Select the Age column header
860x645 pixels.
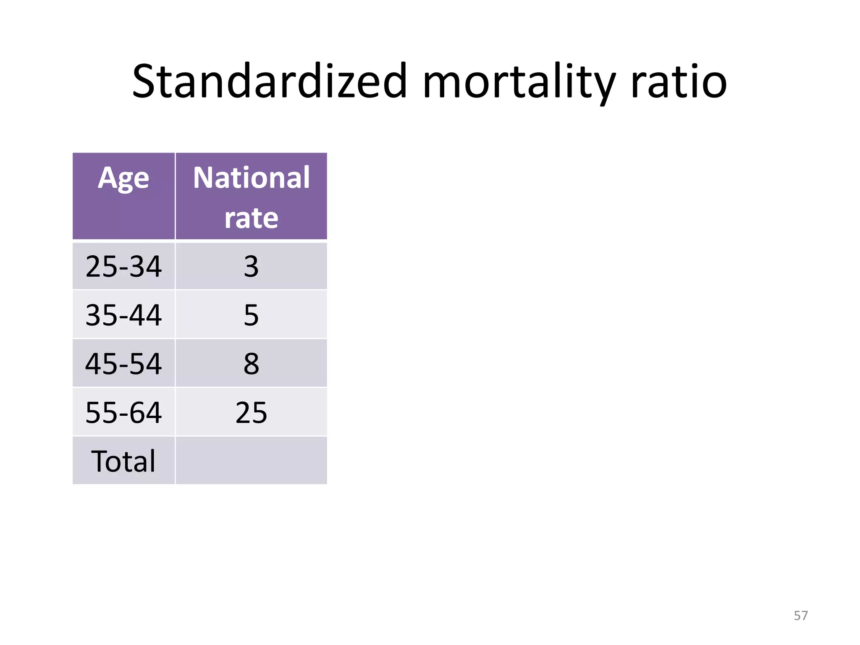coord(123,178)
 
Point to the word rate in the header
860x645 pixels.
coord(251,218)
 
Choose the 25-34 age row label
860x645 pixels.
coord(123,266)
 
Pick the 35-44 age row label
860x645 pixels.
coord(123,315)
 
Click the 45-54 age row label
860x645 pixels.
coord(123,364)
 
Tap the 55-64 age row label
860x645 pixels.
coord(123,412)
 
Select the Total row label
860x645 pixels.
coord(123,461)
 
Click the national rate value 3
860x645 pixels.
coord(251,266)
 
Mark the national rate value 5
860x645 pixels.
coord(251,315)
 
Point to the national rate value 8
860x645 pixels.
coord(251,364)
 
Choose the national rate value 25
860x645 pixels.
coord(251,412)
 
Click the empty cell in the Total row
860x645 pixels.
coord(251,461)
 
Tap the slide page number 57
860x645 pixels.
coord(800,616)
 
